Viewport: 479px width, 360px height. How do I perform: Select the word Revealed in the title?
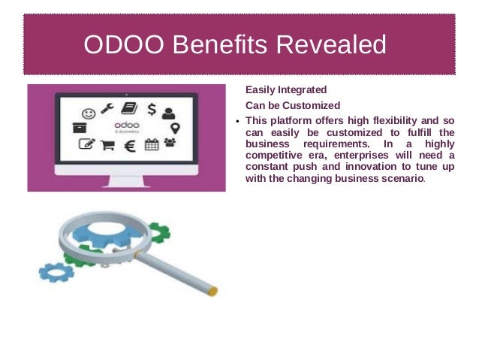[332, 45]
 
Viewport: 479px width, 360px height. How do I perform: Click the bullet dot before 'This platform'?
[238, 122]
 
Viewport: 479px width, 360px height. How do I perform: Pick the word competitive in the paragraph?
[276, 156]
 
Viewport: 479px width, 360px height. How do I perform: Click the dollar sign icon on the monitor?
[152, 110]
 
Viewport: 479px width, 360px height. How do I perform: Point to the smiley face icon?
[89, 114]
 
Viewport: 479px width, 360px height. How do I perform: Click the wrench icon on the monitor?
[107, 108]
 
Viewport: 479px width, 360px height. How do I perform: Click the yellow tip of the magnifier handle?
[213, 291]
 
